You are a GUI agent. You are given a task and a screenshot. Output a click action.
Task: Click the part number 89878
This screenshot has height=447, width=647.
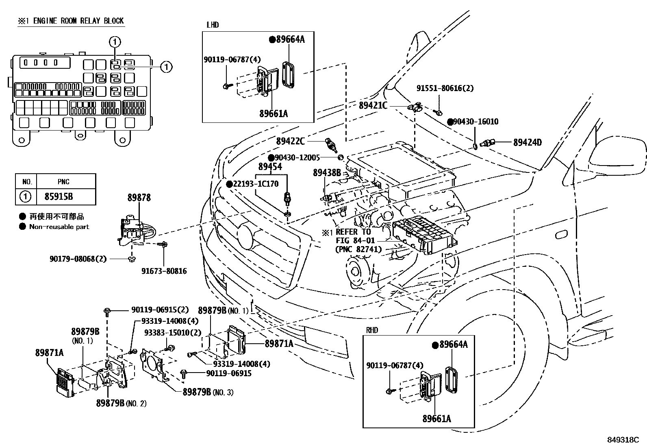point(139,198)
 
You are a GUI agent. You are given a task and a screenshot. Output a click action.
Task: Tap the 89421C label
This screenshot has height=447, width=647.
point(373,105)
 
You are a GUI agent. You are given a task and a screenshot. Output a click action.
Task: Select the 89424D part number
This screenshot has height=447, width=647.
point(528,142)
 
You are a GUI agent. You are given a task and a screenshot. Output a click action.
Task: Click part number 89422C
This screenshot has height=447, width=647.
point(290,141)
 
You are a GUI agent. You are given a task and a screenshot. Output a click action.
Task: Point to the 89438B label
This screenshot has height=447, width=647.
point(327,172)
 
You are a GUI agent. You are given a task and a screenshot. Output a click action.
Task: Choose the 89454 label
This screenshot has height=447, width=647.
point(270,166)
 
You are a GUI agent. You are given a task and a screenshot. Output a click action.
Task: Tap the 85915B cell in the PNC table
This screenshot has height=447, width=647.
point(59,196)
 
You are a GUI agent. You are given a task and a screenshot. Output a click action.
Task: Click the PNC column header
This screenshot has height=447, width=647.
point(63,181)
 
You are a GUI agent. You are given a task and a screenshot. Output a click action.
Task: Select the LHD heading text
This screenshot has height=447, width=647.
point(213,25)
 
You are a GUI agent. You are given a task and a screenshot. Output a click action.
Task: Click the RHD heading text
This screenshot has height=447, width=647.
point(372,330)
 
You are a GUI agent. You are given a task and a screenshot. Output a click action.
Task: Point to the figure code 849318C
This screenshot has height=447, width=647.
point(623,440)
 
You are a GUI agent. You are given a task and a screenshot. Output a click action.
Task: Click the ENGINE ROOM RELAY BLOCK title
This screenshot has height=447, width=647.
point(78,21)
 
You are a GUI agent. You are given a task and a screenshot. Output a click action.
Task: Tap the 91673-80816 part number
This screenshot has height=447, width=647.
point(164,271)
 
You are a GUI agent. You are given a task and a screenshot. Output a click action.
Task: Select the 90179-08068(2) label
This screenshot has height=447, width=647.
point(78,259)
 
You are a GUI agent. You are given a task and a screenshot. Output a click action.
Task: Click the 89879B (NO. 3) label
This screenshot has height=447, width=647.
point(208,392)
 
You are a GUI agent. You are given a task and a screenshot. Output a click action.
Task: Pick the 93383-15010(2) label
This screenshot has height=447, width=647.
point(173,332)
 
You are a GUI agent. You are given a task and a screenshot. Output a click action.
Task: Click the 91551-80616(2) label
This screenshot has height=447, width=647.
point(445,88)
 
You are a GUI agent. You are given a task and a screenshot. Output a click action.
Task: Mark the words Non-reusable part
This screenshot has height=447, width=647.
point(59,227)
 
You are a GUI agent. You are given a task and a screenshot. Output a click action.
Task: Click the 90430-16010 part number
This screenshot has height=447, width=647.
point(476,122)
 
